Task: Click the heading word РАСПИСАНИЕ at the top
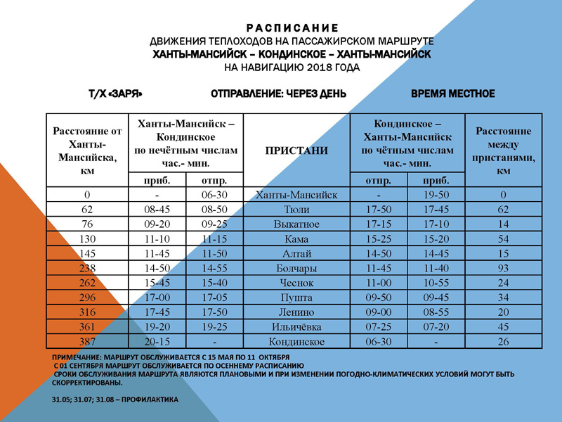click(289, 27)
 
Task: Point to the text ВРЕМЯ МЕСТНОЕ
click(452, 94)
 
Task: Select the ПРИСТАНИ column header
click(297, 150)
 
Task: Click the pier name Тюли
click(297, 209)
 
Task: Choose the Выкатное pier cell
click(297, 224)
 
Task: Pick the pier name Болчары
click(297, 268)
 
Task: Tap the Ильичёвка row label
click(297, 326)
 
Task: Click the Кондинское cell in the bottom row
click(297, 341)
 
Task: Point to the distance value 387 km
click(89, 341)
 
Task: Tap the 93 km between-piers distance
click(502, 268)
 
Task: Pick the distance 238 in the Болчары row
click(89, 268)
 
